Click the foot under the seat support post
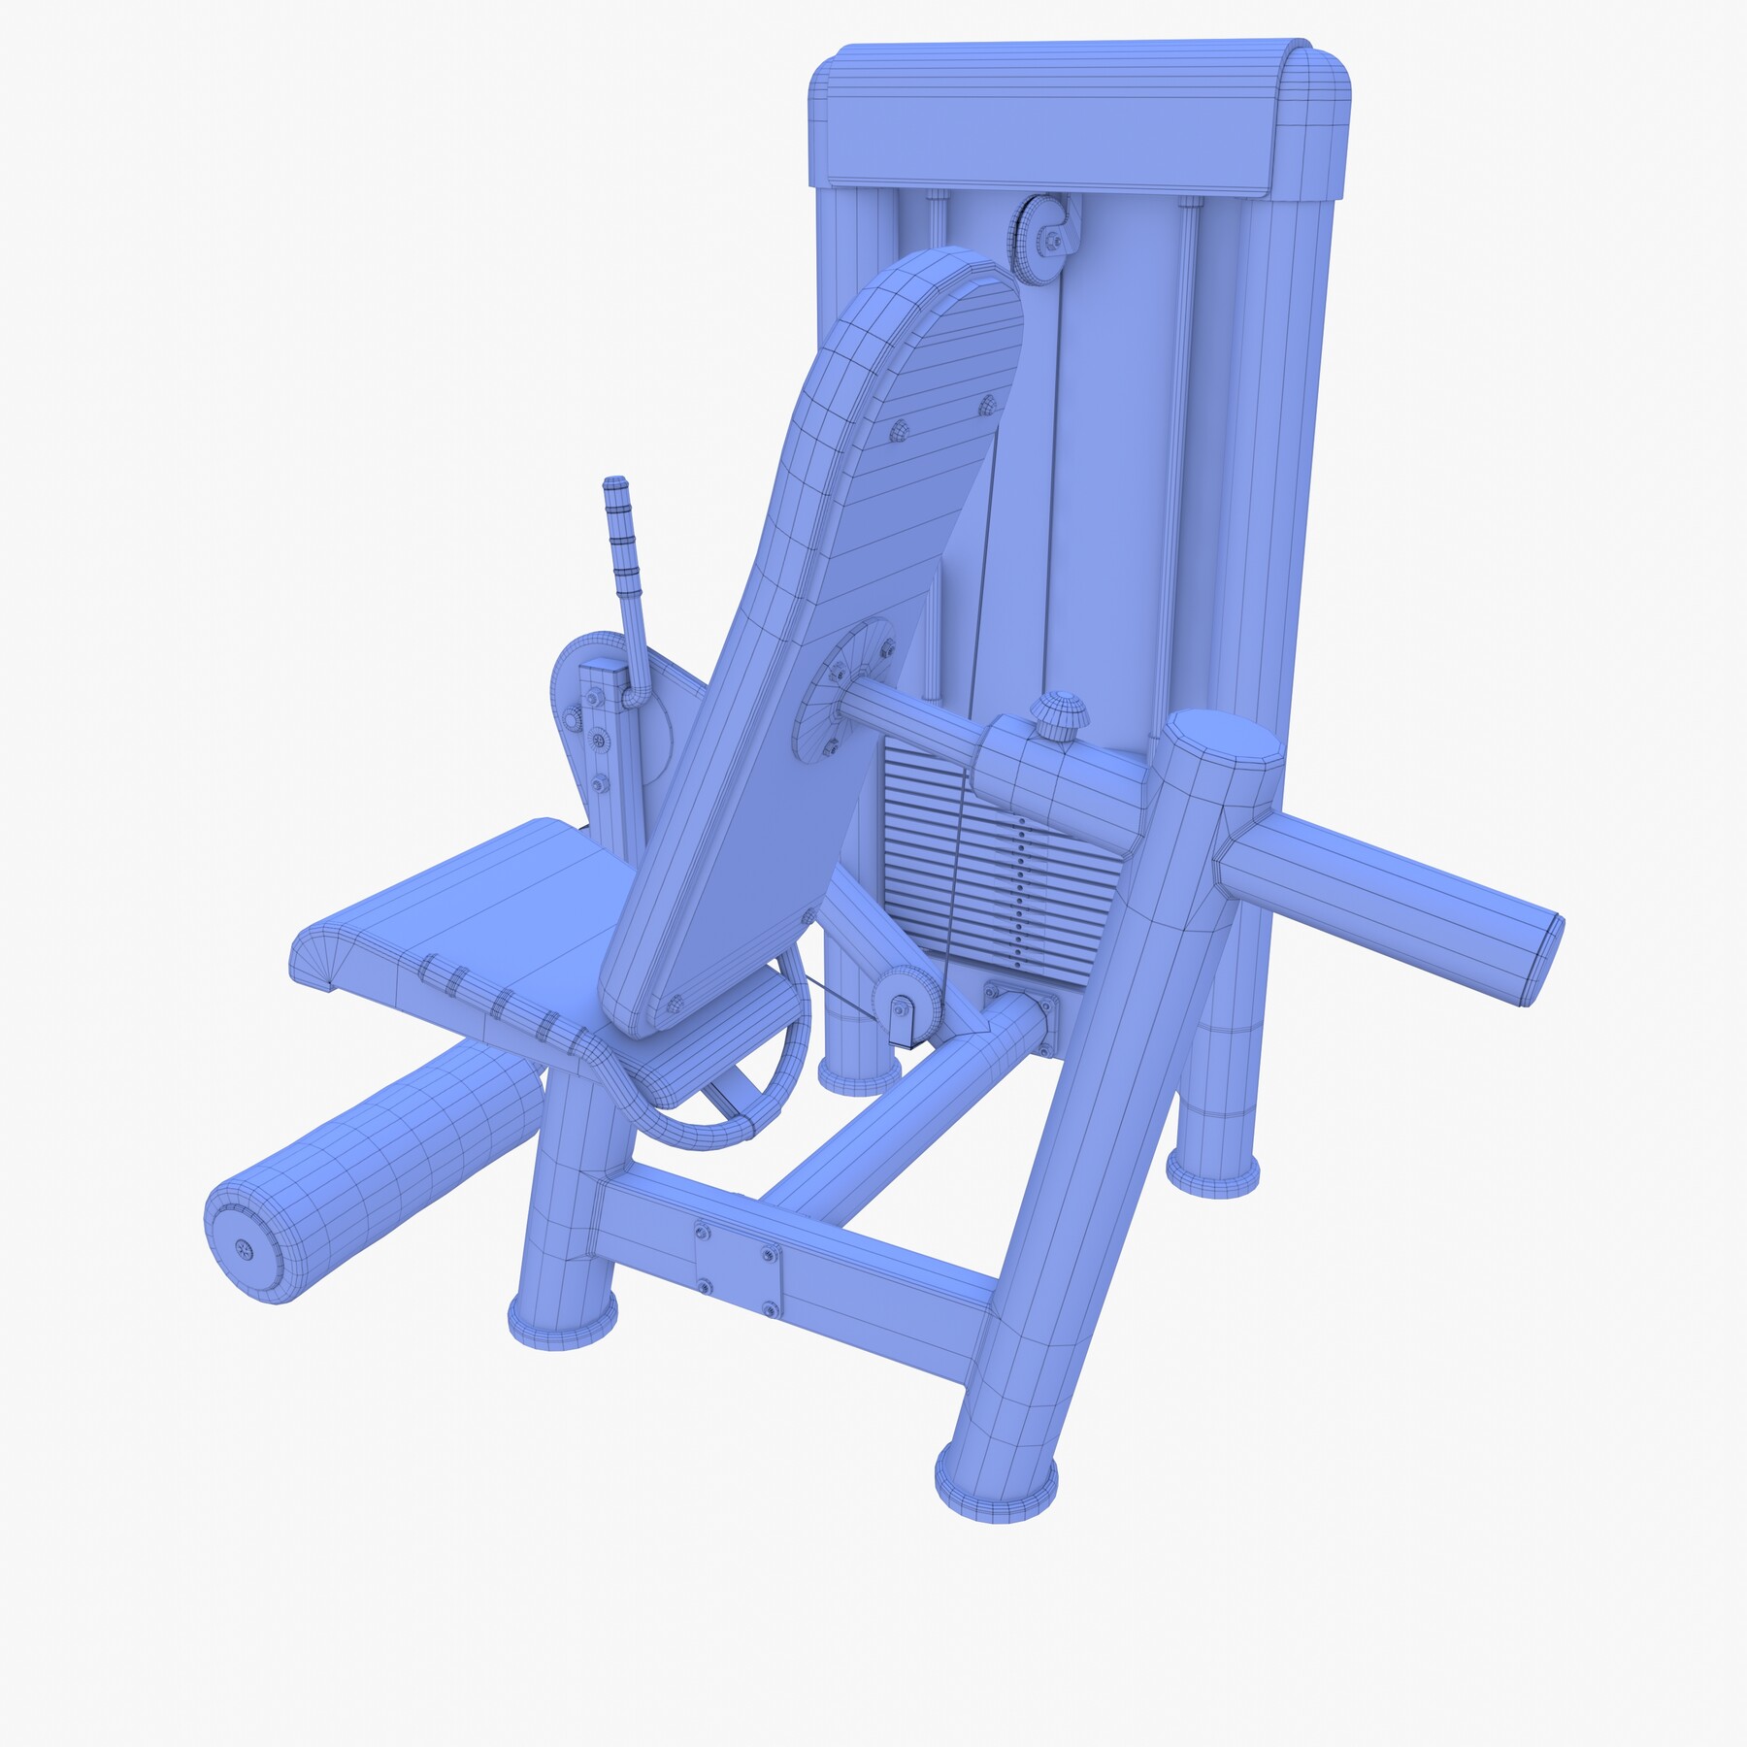click(x=563, y=1320)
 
